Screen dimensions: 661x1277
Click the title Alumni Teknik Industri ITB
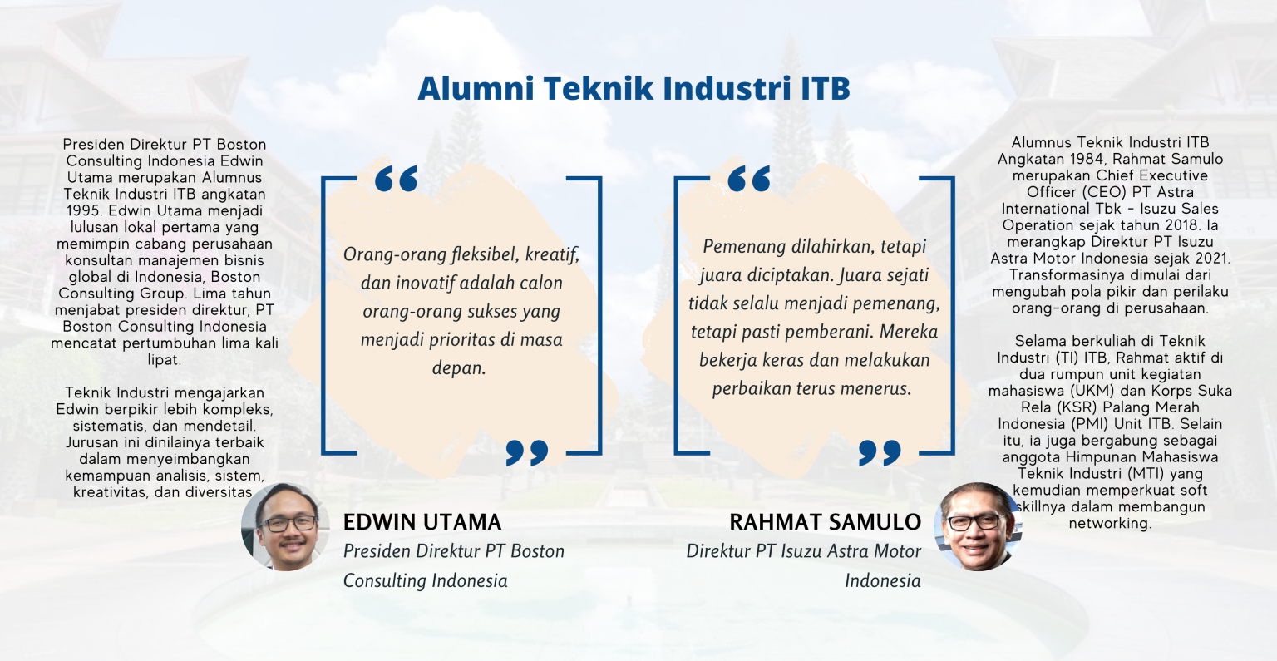(634, 89)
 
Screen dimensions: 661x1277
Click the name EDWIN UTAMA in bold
(422, 522)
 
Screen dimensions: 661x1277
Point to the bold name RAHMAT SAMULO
(825, 522)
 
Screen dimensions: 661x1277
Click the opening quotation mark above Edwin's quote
(396, 179)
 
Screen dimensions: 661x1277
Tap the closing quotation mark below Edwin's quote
(527, 452)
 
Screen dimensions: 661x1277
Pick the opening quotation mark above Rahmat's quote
(748, 179)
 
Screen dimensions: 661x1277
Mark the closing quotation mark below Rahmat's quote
(880, 452)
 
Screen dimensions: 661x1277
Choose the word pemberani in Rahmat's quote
(831, 333)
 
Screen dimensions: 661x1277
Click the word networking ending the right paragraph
(1109, 524)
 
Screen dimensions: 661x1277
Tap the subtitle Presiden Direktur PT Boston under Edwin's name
(454, 551)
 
